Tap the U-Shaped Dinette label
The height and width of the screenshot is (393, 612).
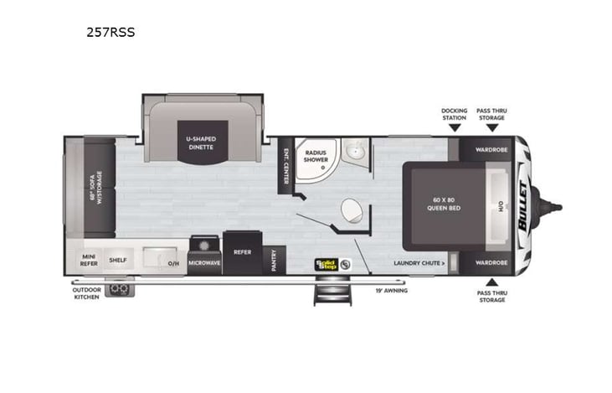click(200, 142)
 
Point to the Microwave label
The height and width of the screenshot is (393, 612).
click(203, 261)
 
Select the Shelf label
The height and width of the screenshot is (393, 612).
click(117, 261)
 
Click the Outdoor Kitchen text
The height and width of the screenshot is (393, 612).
click(86, 294)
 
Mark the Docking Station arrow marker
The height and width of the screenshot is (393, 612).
click(454, 129)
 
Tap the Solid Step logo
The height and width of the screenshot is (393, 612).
click(327, 263)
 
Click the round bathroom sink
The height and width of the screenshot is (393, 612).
click(355, 153)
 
